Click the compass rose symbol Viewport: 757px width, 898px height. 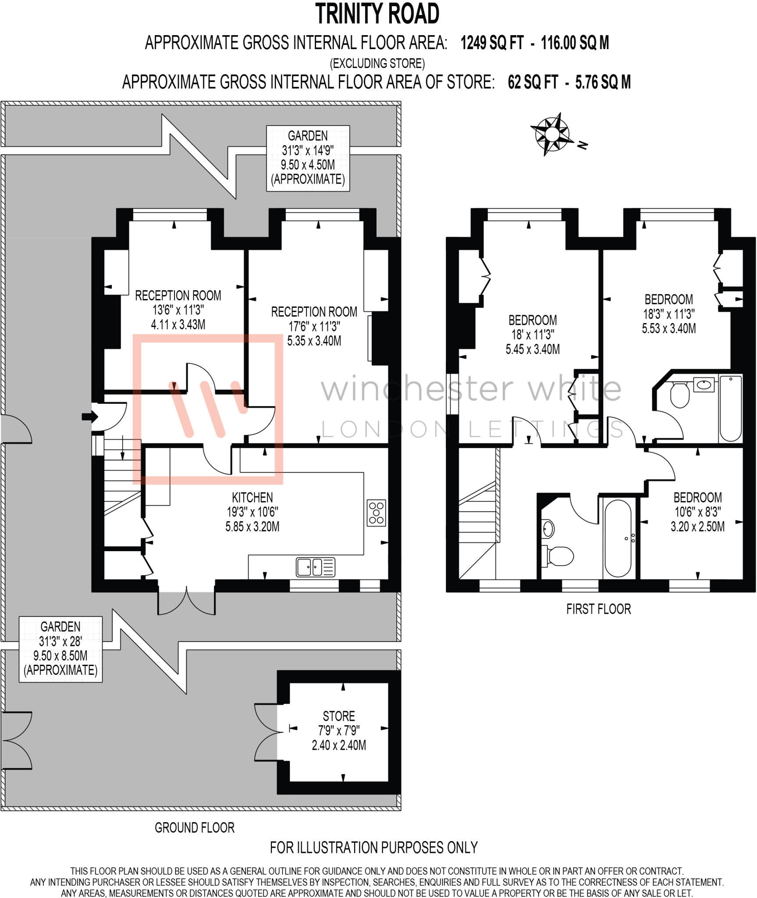[552, 134]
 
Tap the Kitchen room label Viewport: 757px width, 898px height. [252, 497]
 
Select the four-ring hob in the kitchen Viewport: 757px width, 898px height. [377, 513]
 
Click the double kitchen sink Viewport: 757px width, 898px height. [316, 567]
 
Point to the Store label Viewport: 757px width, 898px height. [339, 716]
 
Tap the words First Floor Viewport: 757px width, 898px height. [598, 609]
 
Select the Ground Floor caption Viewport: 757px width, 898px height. [195, 827]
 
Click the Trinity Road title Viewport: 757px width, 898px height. [377, 14]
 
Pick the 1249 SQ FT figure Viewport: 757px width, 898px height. [492, 43]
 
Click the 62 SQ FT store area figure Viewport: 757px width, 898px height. [533, 82]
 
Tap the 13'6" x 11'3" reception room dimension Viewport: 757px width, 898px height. [178, 310]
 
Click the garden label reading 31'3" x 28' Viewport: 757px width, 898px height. [60, 641]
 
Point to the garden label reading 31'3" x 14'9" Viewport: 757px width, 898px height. [308, 150]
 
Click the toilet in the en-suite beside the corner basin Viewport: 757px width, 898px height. [680, 394]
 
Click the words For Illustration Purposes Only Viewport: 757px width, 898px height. [373, 848]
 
